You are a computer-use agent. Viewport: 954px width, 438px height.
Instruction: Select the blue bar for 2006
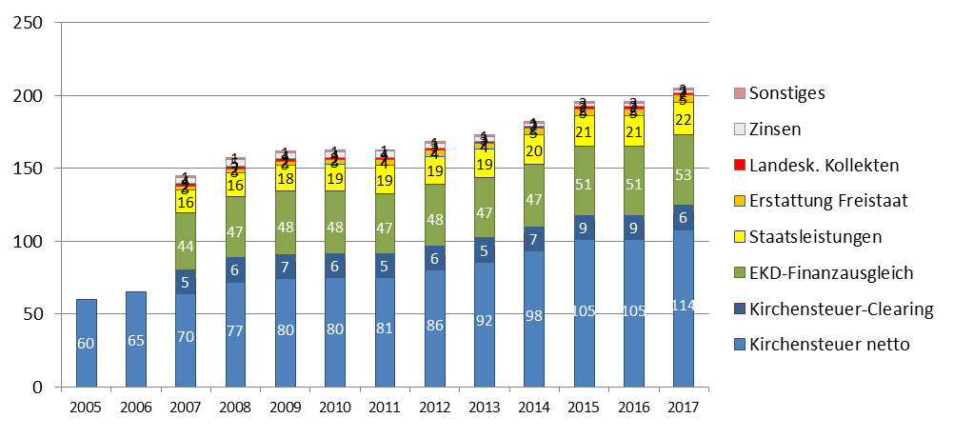tap(137, 340)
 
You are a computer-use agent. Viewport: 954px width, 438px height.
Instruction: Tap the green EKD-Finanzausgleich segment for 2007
tap(187, 248)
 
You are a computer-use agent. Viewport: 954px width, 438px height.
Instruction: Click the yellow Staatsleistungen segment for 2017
tap(683, 118)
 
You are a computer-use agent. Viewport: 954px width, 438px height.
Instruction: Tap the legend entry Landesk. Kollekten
tap(824, 165)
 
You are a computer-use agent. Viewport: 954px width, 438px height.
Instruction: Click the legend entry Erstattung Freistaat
tap(827, 201)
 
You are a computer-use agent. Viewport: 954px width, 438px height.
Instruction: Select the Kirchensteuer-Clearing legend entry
tap(841, 309)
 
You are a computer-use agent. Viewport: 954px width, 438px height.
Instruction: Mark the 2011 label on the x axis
tap(385, 407)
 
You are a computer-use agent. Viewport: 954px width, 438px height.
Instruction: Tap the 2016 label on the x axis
tap(632, 407)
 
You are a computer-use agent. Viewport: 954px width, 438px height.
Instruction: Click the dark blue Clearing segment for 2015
tap(583, 229)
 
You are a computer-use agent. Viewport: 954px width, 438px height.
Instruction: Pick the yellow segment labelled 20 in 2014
tap(533, 149)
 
